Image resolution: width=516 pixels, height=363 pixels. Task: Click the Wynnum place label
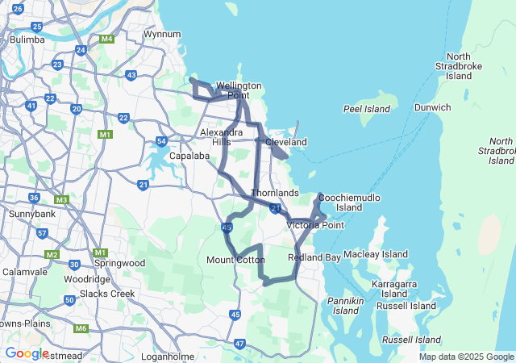pos(160,35)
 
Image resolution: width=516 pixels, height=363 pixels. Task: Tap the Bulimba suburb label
pos(26,39)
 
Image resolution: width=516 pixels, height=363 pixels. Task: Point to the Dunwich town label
pos(432,107)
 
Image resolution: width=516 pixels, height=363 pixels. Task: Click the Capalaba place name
pos(189,156)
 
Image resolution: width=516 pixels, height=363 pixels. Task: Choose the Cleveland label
pos(286,142)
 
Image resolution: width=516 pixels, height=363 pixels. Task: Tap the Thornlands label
pos(275,194)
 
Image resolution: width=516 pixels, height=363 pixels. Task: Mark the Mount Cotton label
pos(235,260)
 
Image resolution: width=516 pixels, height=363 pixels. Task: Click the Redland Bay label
pos(314,257)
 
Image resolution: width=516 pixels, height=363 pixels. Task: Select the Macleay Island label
pos(376,254)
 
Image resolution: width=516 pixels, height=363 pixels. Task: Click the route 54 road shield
pos(161,142)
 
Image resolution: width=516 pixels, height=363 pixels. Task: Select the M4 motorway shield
pos(106,39)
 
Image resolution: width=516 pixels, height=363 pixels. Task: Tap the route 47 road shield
pos(239,344)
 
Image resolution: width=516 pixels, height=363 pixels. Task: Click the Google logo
pos(27,353)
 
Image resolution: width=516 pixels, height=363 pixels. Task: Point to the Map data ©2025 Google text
pos(466,357)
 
